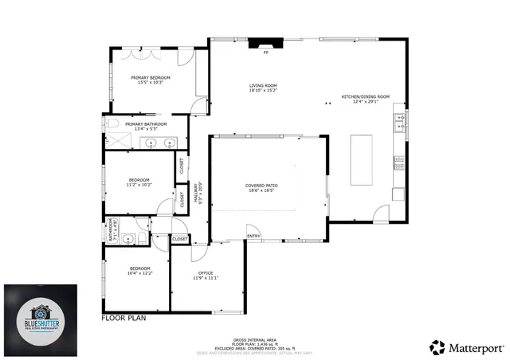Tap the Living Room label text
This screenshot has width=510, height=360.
262,88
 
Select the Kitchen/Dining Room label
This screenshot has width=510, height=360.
365,98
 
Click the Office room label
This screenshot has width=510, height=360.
205,276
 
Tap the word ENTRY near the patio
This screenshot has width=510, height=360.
253,236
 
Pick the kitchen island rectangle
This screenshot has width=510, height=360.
363,159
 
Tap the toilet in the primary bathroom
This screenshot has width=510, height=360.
112,124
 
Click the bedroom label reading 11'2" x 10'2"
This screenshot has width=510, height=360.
139,182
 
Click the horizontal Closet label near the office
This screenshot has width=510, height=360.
180,239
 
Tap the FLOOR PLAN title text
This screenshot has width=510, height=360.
124,318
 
